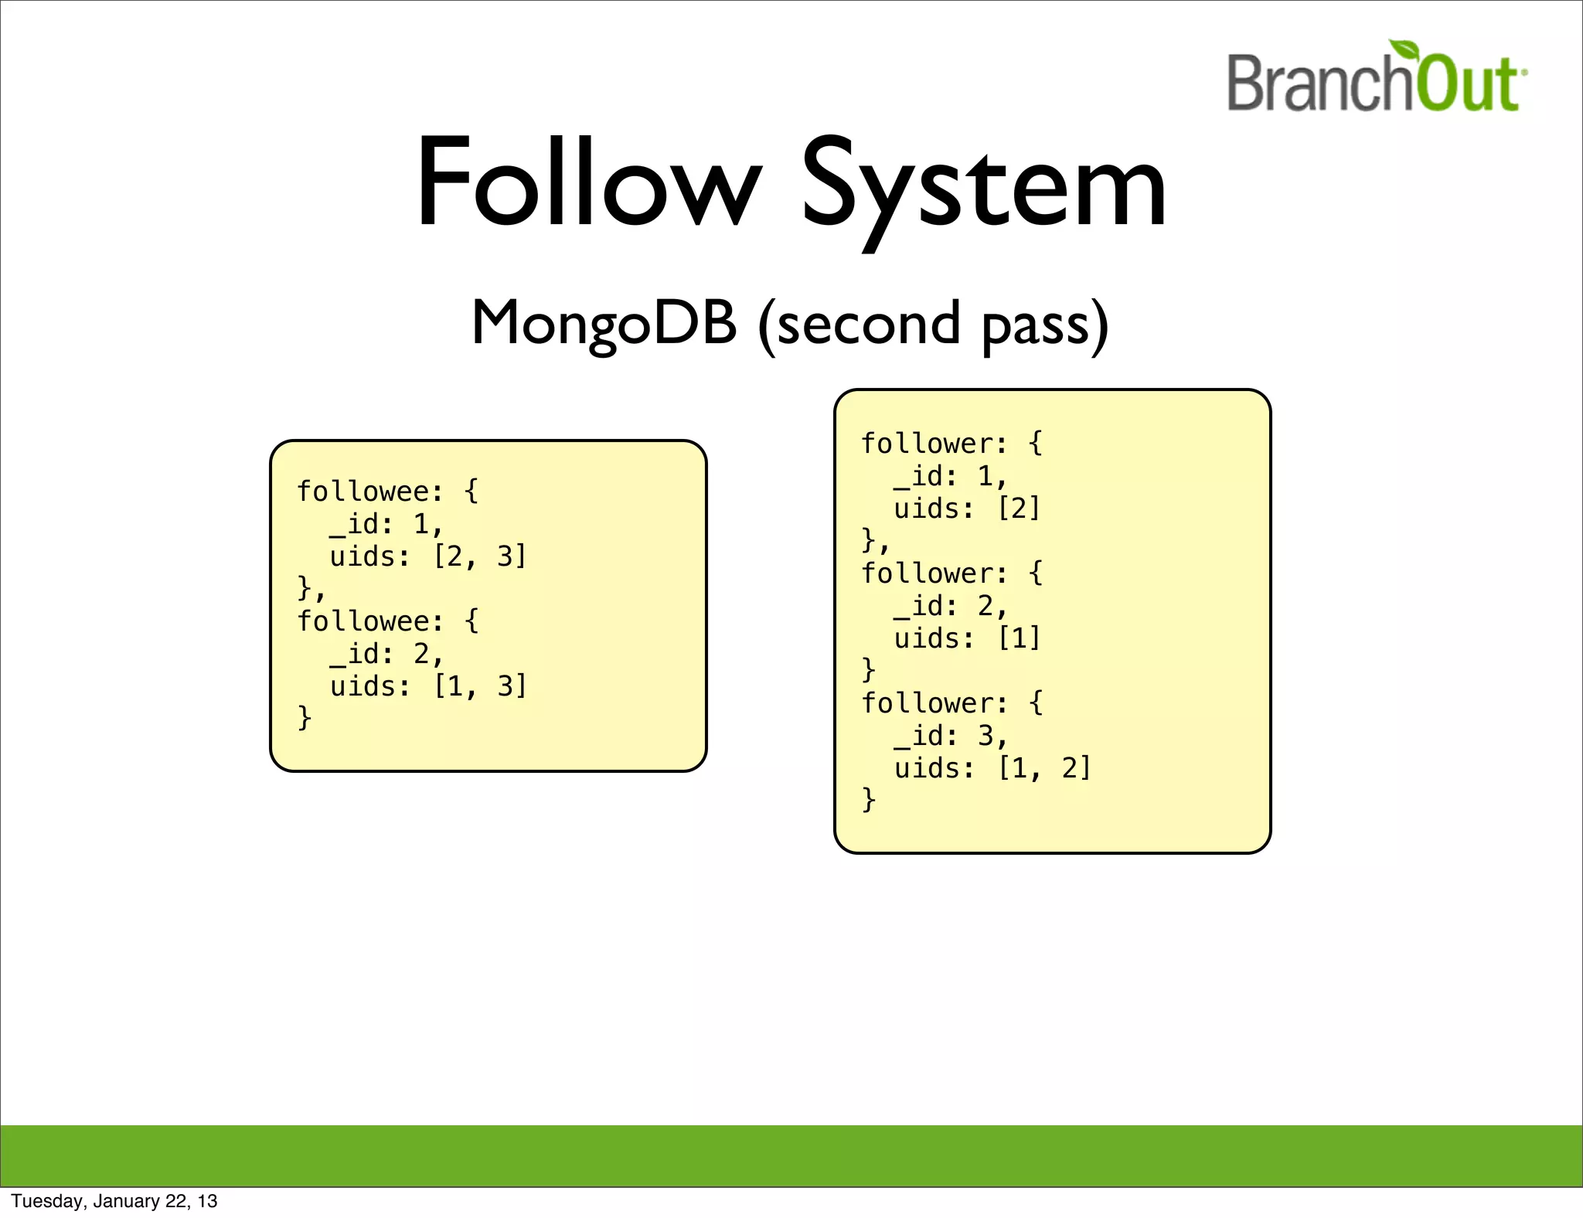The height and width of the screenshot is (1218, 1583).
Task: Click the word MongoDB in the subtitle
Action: click(604, 324)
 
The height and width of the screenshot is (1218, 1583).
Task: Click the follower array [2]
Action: click(1019, 509)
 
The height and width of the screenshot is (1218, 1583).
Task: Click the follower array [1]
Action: click(1019, 638)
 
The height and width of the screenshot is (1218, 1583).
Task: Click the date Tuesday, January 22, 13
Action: click(114, 1201)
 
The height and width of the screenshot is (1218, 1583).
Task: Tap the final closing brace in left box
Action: click(305, 718)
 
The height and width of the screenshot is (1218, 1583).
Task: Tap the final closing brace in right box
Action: click(869, 800)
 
